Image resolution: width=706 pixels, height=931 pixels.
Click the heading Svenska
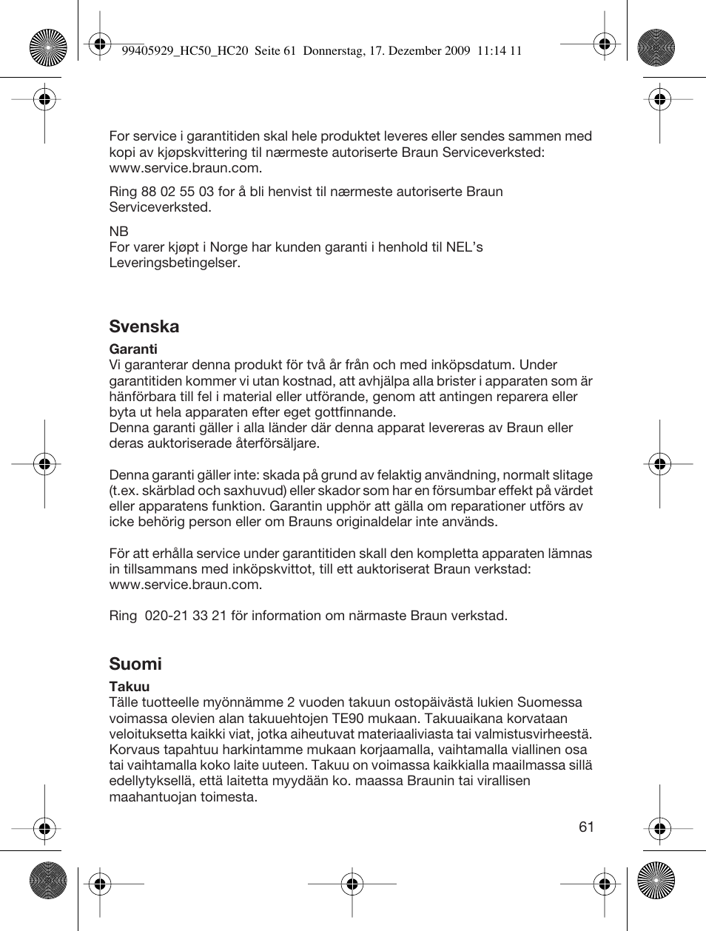[144, 326]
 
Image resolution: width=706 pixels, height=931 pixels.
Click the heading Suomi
[135, 664]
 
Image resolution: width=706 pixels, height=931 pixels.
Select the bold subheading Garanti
[133, 349]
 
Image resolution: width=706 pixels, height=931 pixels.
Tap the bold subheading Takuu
[130, 686]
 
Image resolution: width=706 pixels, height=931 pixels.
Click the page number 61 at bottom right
[586, 827]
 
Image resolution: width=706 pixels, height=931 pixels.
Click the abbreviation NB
[118, 231]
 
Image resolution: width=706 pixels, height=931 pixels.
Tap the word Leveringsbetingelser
[174, 263]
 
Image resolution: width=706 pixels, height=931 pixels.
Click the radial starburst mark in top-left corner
[48, 48]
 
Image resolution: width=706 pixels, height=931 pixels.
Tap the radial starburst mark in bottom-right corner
[656, 881]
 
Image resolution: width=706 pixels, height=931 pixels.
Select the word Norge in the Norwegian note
[229, 247]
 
